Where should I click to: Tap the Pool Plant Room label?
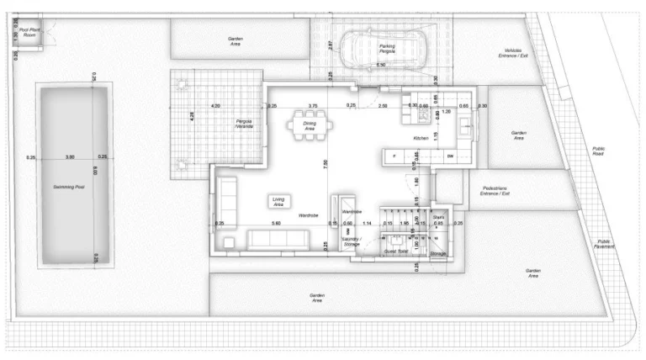pos(31,31)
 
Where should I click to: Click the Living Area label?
pos(278,202)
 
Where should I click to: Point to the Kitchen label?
pos(421,137)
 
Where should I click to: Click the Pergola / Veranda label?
pos(244,124)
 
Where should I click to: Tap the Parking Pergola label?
pos(386,48)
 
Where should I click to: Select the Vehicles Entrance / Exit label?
pos(512,53)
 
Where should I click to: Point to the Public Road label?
pos(598,152)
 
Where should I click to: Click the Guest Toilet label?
pos(396,251)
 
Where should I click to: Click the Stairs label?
pos(438,217)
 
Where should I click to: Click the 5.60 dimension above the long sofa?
pos(275,223)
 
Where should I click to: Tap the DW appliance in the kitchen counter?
pos(450,157)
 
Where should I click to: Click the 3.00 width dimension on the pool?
pos(70,156)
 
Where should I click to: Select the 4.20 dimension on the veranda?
pos(216,106)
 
